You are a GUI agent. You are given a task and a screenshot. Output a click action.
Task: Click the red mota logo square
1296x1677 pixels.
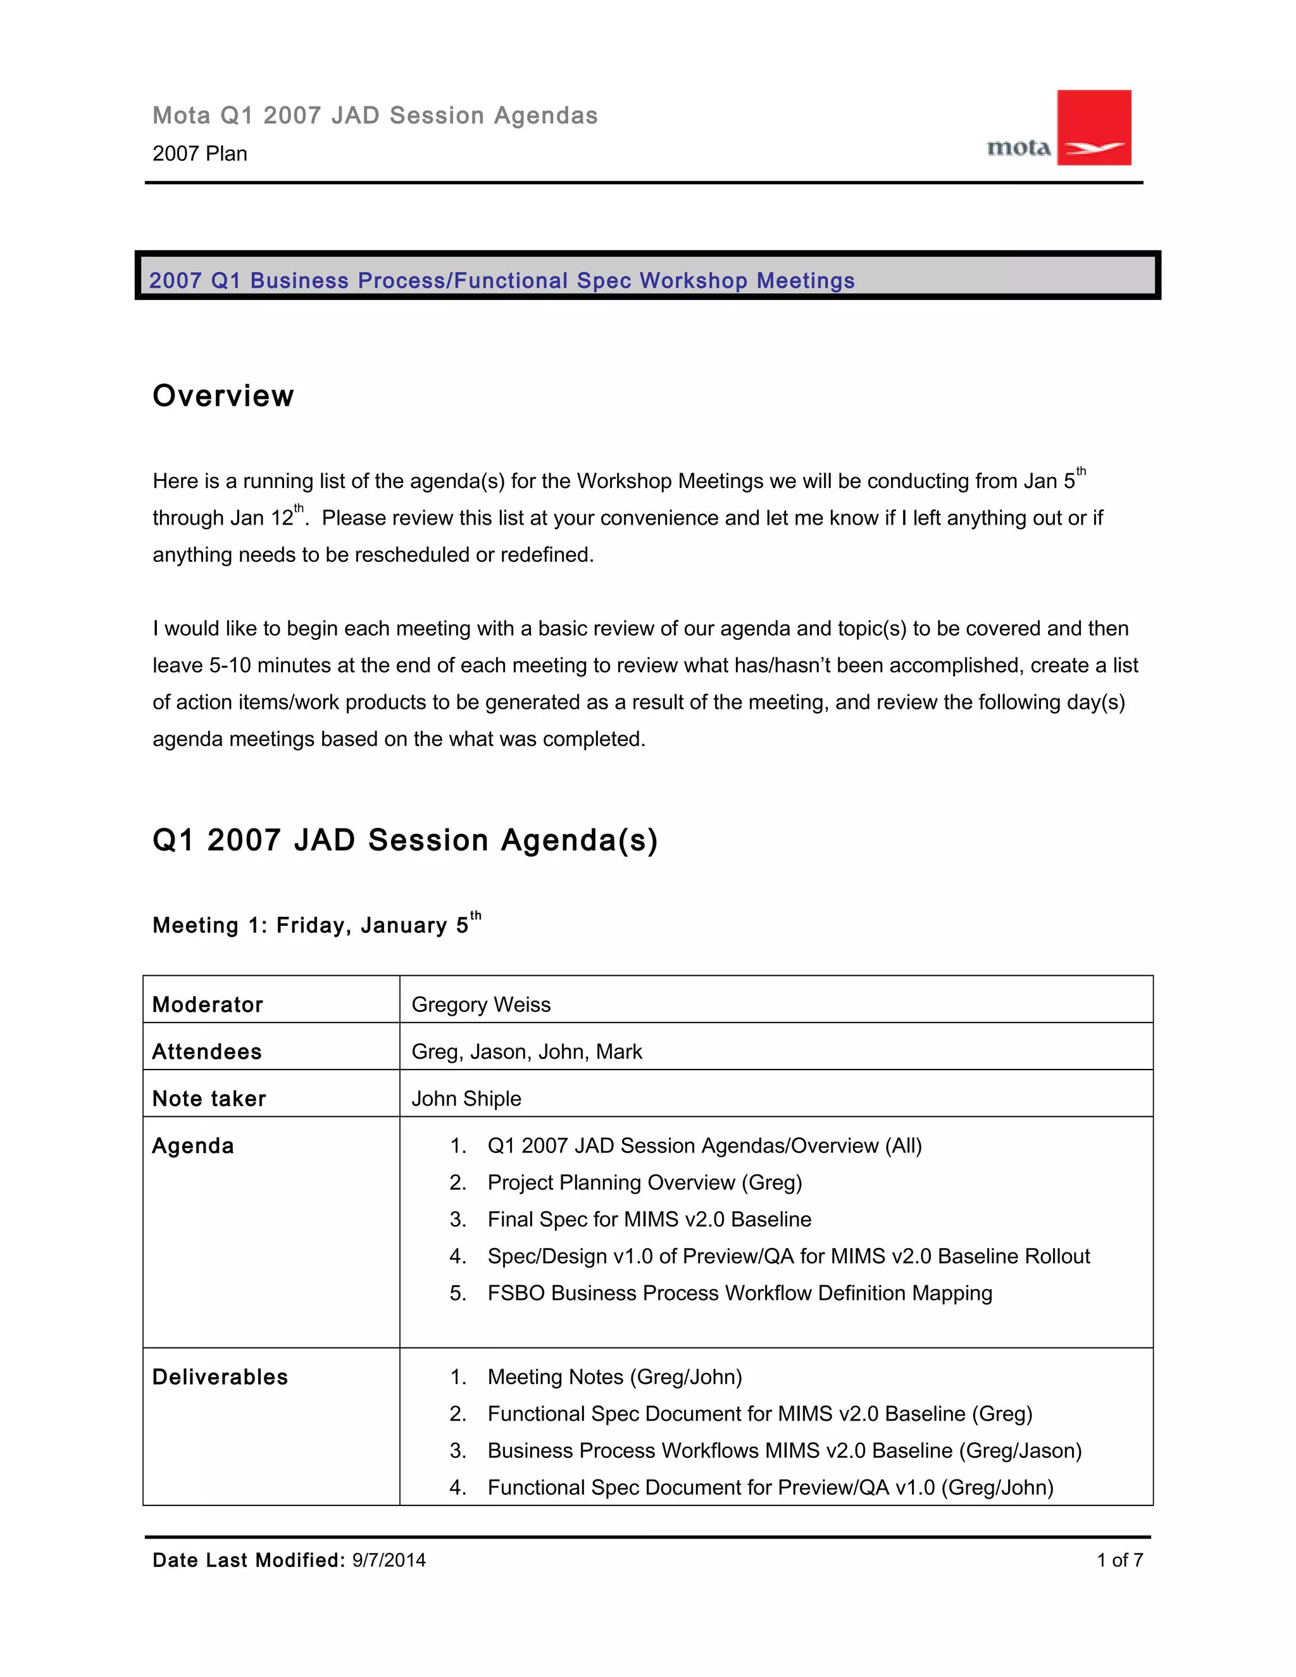(x=1093, y=127)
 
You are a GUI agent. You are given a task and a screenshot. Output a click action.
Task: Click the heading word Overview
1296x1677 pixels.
(x=223, y=396)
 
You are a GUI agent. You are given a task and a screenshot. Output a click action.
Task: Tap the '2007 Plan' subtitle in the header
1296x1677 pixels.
(x=199, y=154)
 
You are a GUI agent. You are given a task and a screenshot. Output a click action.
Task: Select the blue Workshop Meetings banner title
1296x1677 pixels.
(x=501, y=280)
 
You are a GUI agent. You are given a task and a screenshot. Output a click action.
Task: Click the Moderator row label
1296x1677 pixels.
(x=208, y=1004)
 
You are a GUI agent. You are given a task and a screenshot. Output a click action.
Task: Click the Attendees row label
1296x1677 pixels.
(x=206, y=1051)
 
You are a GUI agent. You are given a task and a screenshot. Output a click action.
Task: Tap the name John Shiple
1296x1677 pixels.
(x=466, y=1098)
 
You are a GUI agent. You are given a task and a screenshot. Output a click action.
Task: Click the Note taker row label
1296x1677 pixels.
(x=209, y=1098)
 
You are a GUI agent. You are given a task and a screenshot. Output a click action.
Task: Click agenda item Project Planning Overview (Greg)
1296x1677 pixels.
(x=644, y=1183)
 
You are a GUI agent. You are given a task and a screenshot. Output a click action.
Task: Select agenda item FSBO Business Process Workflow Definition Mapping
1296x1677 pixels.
(x=739, y=1293)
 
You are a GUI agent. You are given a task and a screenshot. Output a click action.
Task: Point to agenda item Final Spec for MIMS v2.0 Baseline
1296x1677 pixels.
(x=649, y=1219)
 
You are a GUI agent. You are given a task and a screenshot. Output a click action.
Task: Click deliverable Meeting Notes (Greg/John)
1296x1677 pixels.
(x=614, y=1377)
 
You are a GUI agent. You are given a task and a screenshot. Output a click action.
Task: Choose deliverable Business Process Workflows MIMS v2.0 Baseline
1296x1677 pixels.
(x=784, y=1450)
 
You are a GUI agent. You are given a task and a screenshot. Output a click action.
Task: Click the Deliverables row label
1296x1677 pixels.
(x=220, y=1377)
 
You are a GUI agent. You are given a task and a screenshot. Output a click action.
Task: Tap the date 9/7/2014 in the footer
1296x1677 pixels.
(x=389, y=1561)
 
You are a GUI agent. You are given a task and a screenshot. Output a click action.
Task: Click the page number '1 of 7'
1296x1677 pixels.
(x=1119, y=1561)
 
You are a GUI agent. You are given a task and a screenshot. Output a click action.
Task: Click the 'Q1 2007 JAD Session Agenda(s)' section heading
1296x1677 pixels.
(x=404, y=840)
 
